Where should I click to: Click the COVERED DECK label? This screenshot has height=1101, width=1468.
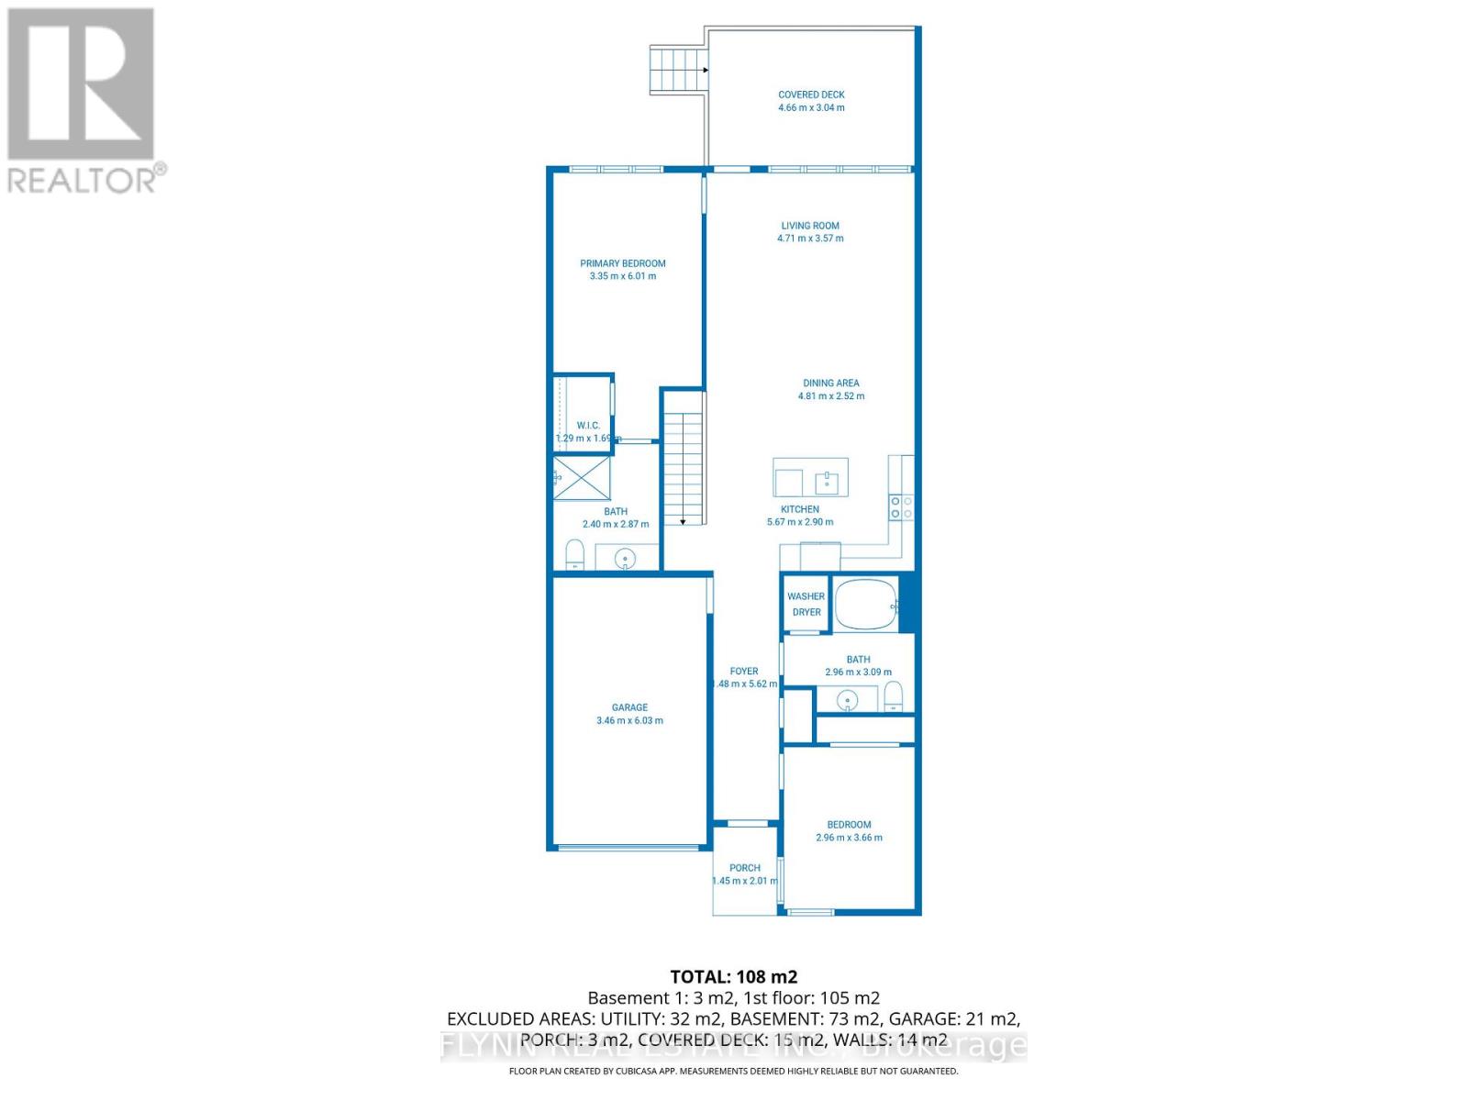[x=811, y=95]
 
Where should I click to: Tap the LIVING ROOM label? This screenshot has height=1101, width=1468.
[x=810, y=226]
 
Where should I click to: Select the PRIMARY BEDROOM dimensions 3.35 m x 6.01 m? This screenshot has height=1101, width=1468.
[x=623, y=276]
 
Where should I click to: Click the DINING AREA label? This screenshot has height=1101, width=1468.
[x=830, y=384]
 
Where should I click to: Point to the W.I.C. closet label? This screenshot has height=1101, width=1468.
[x=588, y=426]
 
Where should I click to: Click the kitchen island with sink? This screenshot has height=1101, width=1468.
[x=810, y=477]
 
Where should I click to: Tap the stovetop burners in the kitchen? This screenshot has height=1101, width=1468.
[x=901, y=507]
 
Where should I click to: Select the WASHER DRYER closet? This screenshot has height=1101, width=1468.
[x=806, y=604]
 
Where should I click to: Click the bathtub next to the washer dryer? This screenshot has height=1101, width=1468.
[x=864, y=604]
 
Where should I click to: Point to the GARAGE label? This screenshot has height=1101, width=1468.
[x=629, y=707]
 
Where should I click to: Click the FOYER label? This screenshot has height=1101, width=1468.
[x=744, y=672]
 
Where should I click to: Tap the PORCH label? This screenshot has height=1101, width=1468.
[x=745, y=868]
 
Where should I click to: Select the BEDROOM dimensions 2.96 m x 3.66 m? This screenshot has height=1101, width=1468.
[x=849, y=838]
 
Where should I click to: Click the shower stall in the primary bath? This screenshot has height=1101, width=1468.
[x=582, y=478]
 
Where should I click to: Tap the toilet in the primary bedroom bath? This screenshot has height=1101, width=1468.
[x=575, y=555]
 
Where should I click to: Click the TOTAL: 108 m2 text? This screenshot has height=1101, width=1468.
[x=733, y=976]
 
